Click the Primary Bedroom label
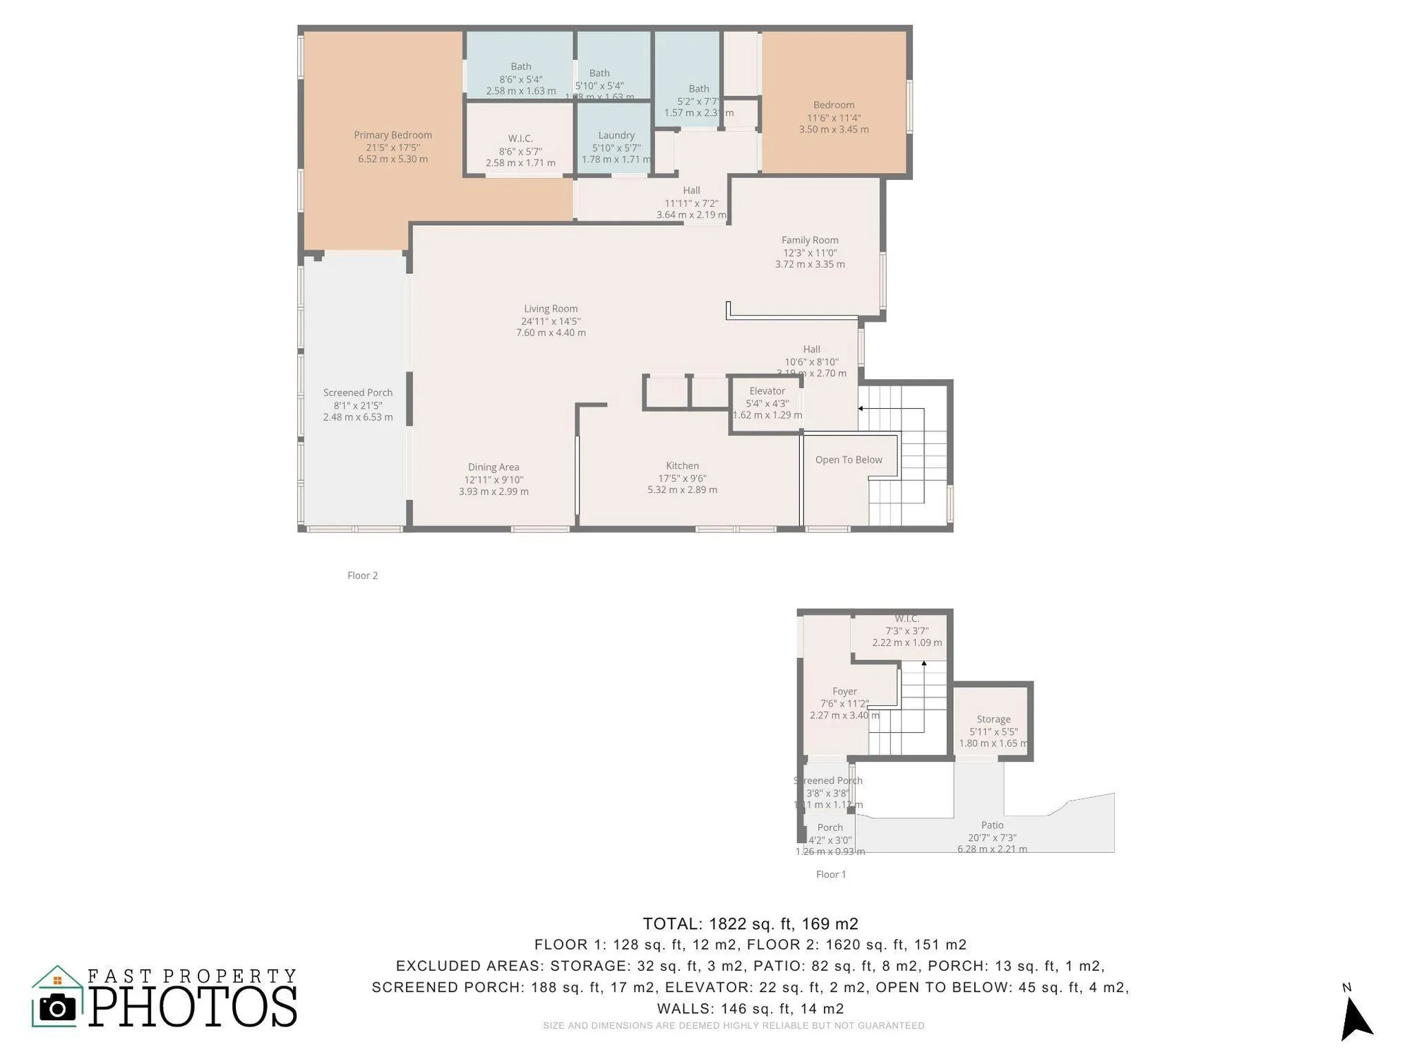coord(393,135)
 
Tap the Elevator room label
coord(767,391)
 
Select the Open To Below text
coord(848,460)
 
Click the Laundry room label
coord(616,136)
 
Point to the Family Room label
coord(809,240)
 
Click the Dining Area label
coord(493,467)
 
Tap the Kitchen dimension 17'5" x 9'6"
coord(682,478)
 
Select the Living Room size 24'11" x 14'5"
coord(551,321)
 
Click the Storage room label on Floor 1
coord(993,719)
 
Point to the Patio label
coord(991,825)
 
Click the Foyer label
coord(844,692)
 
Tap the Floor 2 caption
coord(362,575)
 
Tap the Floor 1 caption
coord(830,875)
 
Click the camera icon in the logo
coord(57,1007)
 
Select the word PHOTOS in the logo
coord(192,1007)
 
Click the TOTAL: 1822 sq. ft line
coord(750,923)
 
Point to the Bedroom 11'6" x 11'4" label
coord(833,105)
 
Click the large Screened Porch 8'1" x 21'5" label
coord(357,393)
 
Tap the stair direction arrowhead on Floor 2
coord(861,408)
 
